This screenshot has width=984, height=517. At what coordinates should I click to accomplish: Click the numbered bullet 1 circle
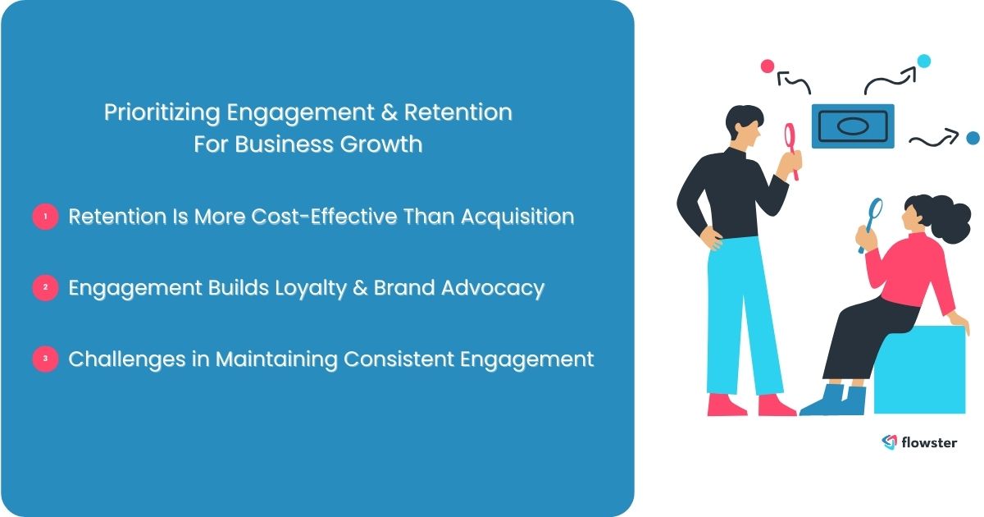click(x=45, y=217)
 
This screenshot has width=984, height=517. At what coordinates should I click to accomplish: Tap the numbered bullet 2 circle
click(x=45, y=289)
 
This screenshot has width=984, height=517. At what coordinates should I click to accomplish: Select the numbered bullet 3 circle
click(x=45, y=359)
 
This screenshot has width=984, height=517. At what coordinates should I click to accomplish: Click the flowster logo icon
click(x=890, y=442)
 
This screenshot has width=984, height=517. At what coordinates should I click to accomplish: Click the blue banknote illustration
click(x=853, y=126)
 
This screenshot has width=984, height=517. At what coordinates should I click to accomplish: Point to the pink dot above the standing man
click(x=768, y=66)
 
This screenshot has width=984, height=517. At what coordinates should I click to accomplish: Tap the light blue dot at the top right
click(x=924, y=60)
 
